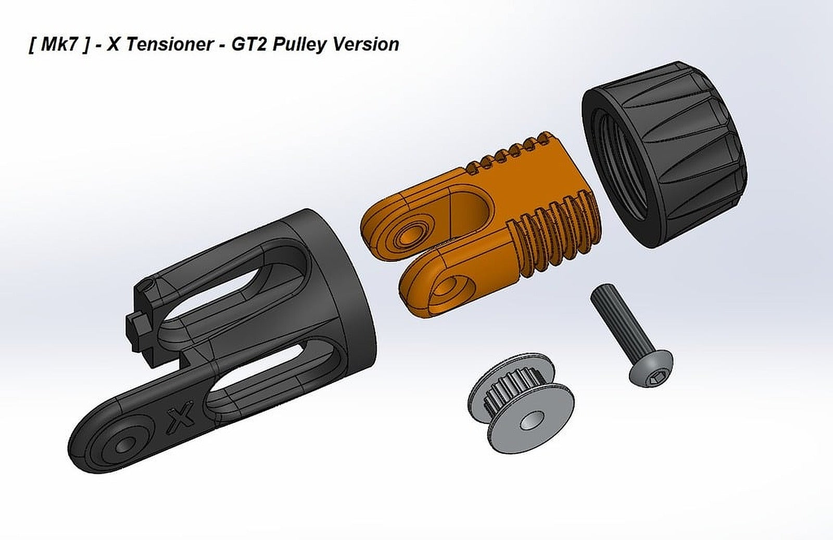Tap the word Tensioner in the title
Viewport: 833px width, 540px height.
(x=169, y=45)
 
